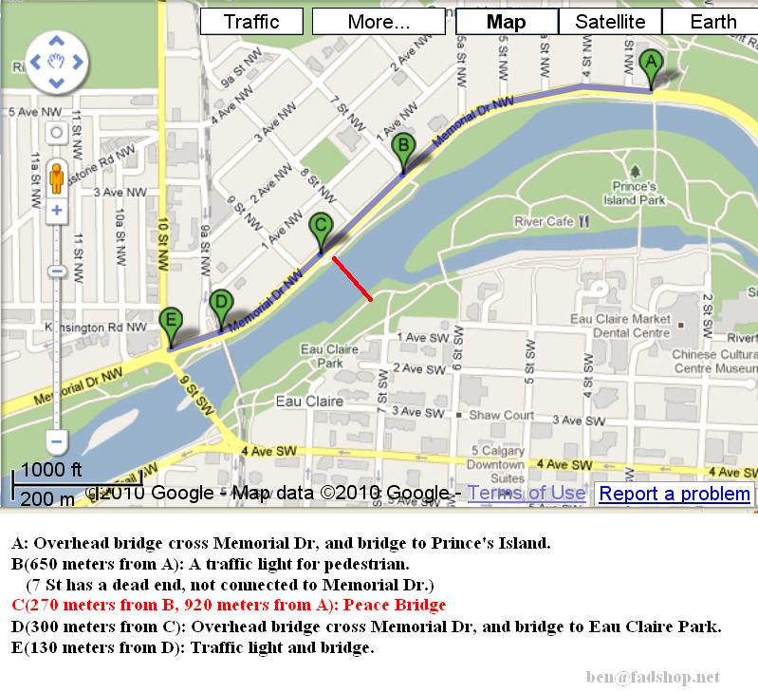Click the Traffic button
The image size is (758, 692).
tap(251, 21)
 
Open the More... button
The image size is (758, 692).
tap(378, 21)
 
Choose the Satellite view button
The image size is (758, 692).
tap(610, 21)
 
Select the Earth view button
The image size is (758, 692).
tap(712, 21)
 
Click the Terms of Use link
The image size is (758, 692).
tap(526, 493)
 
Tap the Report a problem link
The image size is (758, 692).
tap(675, 494)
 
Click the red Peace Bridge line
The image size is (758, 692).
tap(351, 278)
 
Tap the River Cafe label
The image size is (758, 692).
tap(544, 221)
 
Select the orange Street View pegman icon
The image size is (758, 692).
tap(56, 177)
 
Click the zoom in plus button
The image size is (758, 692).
tap(56, 211)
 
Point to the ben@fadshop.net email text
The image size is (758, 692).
tap(654, 677)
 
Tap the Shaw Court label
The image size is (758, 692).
tap(502, 415)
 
